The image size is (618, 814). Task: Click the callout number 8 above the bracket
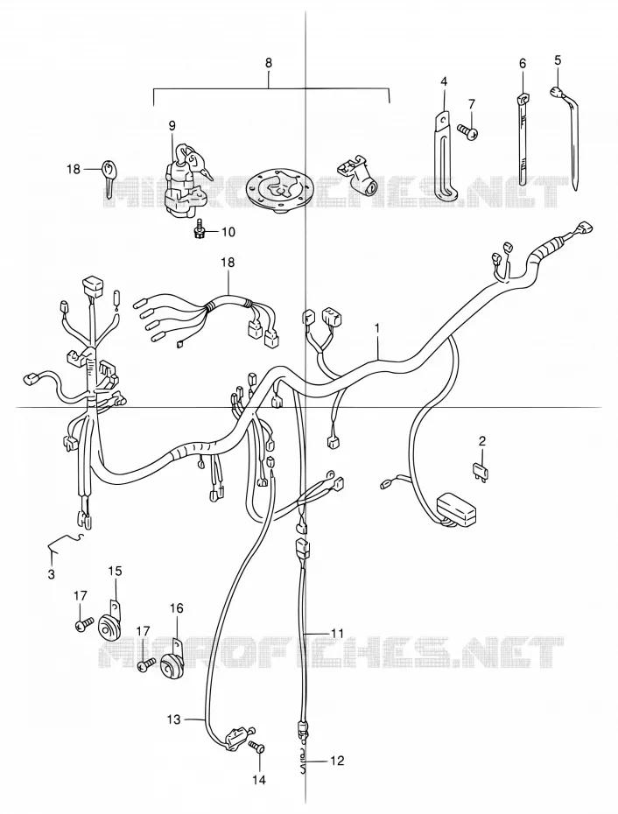268,63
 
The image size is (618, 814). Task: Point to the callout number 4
444,81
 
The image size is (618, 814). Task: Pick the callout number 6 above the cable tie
523,63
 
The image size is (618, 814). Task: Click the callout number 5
558,60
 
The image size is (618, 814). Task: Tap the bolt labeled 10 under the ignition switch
199,232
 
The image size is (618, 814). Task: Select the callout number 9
172,125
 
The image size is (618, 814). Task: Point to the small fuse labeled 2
480,469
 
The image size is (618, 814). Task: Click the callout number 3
52,575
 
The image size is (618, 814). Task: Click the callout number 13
174,719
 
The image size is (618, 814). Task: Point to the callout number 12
337,761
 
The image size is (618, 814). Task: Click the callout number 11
338,633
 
